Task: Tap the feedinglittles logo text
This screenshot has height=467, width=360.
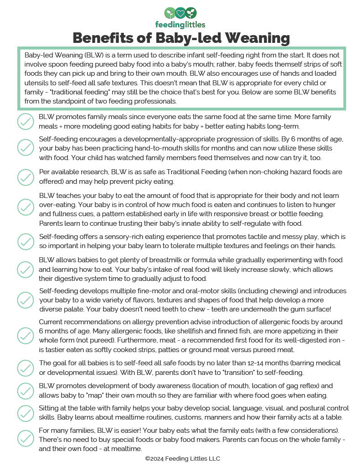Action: pos(180,25)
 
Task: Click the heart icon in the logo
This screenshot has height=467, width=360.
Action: pos(180,12)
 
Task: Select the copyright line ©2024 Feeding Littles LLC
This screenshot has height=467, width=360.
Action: pos(182,458)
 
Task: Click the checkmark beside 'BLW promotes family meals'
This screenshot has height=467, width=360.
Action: pos(26,121)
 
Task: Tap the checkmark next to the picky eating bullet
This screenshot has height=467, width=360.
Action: pos(26,176)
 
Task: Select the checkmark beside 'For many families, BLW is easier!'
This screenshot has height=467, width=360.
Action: pos(26,438)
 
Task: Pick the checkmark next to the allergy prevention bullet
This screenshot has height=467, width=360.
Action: pos(26,336)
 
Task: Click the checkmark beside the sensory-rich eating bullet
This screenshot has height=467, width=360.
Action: pos(26,241)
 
